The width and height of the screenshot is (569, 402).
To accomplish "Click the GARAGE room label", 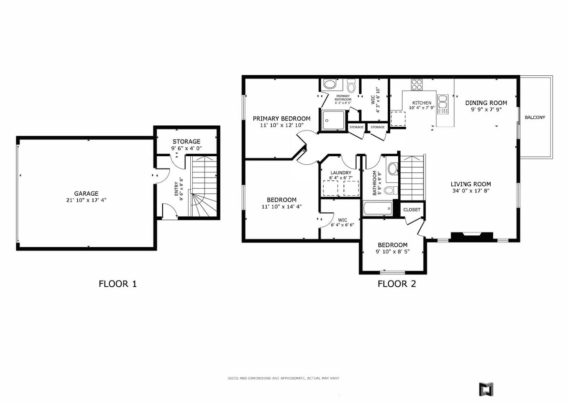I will [86, 193].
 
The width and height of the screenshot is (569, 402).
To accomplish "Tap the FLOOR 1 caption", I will [118, 284].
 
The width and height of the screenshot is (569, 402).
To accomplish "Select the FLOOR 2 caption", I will [397, 284].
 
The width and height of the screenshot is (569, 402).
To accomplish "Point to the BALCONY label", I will [535, 117].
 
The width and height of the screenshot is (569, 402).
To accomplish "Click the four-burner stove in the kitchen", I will [417, 85].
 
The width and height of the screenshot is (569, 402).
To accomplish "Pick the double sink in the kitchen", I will [443, 101].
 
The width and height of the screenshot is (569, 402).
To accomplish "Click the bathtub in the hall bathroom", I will [377, 209].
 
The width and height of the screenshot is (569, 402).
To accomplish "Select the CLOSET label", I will [412, 210].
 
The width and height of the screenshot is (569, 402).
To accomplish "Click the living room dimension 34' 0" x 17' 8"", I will [471, 191].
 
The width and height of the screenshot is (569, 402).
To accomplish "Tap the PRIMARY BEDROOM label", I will [281, 119].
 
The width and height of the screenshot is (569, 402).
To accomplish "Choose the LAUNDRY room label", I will [340, 173].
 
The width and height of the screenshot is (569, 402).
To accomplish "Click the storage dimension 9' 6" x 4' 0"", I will [186, 149].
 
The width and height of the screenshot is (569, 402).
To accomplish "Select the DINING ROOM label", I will [486, 103].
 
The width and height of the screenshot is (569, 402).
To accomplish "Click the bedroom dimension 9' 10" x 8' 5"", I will [393, 251].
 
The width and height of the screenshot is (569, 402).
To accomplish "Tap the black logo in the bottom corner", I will [486, 389].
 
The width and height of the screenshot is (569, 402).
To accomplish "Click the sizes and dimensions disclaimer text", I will [283, 378].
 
